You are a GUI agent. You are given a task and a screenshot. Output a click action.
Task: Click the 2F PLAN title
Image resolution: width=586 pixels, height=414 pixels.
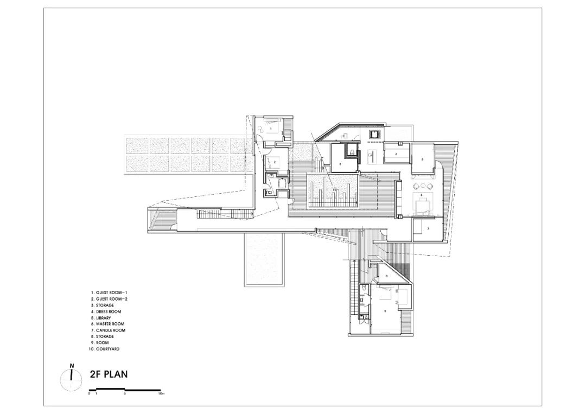click(x=109, y=374)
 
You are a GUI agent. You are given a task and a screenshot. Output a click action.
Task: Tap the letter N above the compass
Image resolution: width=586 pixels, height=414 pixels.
click(x=72, y=365)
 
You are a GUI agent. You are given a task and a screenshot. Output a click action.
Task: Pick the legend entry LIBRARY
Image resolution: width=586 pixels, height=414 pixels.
click(x=103, y=317)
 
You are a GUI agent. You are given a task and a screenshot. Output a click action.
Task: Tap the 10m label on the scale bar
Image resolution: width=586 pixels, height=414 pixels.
click(x=161, y=394)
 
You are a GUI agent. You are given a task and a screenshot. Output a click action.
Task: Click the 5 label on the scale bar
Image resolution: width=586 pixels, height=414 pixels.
click(x=125, y=394)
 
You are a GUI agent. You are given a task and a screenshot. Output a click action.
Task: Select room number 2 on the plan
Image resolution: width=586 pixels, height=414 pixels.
click(x=275, y=161)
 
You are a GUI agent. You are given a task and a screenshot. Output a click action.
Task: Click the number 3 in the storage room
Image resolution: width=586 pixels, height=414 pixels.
click(x=340, y=163)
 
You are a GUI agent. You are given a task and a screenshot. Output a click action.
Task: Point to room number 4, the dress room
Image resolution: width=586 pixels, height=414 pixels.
click(x=397, y=154)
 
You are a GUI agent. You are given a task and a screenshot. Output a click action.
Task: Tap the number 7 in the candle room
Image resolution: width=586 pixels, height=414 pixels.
click(x=428, y=229)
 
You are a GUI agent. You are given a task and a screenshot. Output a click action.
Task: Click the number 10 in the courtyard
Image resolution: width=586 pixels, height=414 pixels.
click(x=334, y=189)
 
